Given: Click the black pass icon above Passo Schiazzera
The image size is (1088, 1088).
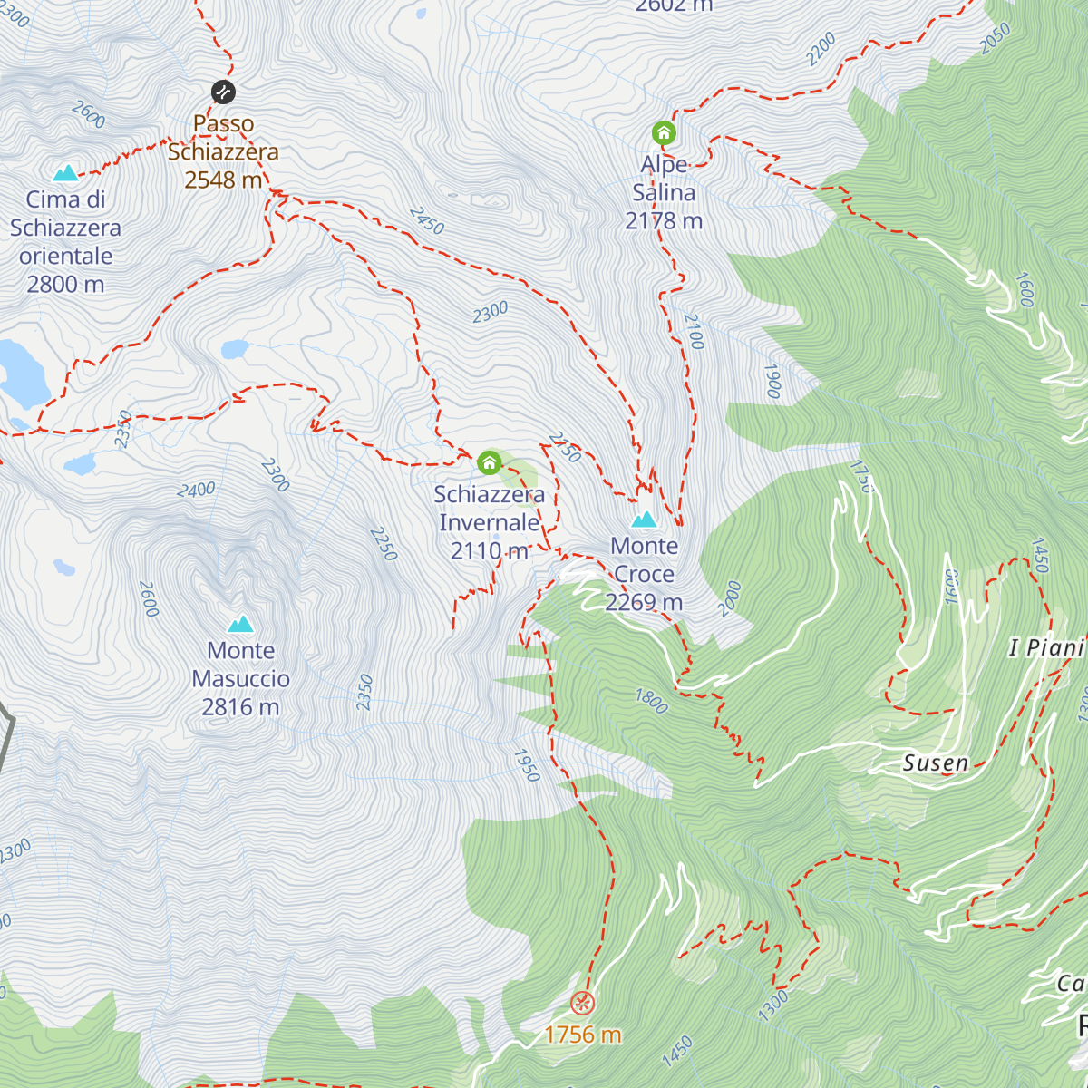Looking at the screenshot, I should point(223,92).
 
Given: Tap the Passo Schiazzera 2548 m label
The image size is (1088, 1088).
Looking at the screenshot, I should point(223,151).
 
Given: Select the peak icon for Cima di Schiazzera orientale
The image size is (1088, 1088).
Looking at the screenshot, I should point(65,172).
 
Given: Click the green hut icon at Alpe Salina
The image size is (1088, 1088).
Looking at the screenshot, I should point(664,134).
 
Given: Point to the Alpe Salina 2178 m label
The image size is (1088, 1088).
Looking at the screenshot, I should point(664,192).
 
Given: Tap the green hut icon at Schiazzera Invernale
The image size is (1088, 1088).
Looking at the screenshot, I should point(490,463).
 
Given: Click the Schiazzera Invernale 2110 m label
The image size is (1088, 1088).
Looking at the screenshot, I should point(490,522).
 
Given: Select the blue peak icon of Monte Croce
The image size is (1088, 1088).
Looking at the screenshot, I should point(644,520).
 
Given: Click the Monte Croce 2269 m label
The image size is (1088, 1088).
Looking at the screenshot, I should point(644,574).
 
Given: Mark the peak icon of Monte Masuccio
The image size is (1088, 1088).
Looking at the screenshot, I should point(240,624).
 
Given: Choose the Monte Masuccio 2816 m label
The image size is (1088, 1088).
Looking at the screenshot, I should point(240,678).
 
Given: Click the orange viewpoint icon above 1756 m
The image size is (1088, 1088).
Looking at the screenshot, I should point(582,1002).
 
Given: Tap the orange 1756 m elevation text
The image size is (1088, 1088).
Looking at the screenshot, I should point(582,1035).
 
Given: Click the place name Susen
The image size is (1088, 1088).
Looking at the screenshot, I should point(936,763).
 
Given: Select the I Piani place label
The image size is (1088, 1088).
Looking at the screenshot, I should point(1046,647).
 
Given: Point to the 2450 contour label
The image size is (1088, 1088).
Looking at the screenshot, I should point(426,220).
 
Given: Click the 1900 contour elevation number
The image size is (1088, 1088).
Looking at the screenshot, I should point(772,382).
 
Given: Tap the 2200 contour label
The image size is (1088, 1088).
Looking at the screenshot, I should point(821,50).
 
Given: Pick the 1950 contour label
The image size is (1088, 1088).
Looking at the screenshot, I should point(527,765).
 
